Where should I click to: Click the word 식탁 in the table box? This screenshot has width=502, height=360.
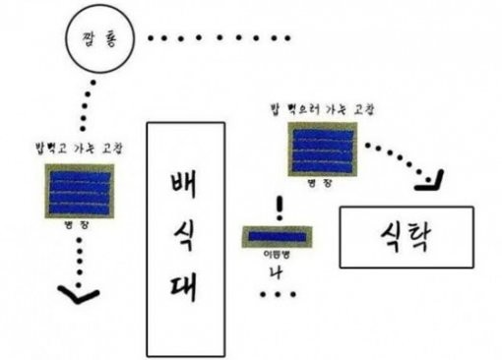406,236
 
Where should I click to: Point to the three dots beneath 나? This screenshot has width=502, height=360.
280,294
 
